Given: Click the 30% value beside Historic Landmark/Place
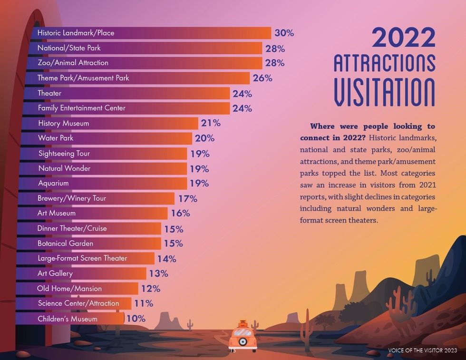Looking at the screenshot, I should (x=284, y=33).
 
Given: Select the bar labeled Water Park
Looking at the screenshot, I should (x=105, y=138).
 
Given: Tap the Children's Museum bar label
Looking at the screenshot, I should (x=67, y=319).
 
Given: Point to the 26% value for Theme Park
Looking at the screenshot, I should (x=262, y=78).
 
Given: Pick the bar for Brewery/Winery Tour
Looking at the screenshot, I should (x=95, y=198).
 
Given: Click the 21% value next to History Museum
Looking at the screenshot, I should (x=211, y=123).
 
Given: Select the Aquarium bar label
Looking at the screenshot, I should (x=53, y=183).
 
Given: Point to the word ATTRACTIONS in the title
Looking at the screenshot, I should (x=384, y=63).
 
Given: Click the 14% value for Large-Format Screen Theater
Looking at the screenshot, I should (x=166, y=259).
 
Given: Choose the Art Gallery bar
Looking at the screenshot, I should (x=81, y=273).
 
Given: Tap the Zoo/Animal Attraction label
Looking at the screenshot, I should (x=73, y=63).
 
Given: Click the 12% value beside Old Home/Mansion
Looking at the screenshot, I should (x=150, y=289).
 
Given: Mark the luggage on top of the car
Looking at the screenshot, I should (x=243, y=324).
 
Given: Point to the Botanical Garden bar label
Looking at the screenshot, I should (x=65, y=243).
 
